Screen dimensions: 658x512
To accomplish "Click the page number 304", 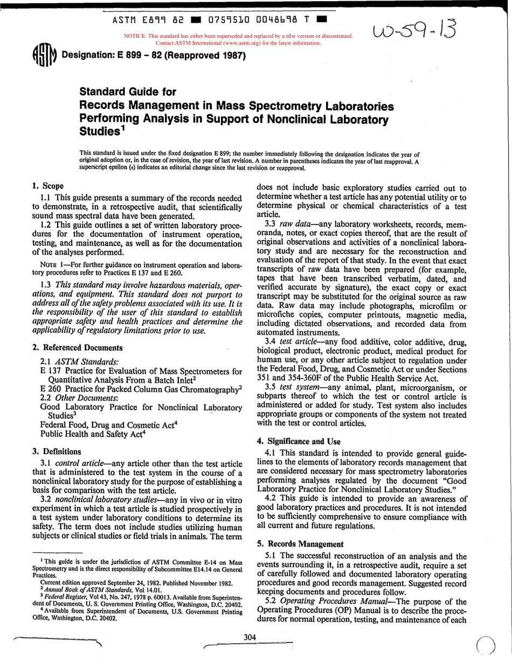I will point(250,638).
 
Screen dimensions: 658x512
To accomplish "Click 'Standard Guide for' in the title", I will point(128,92).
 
